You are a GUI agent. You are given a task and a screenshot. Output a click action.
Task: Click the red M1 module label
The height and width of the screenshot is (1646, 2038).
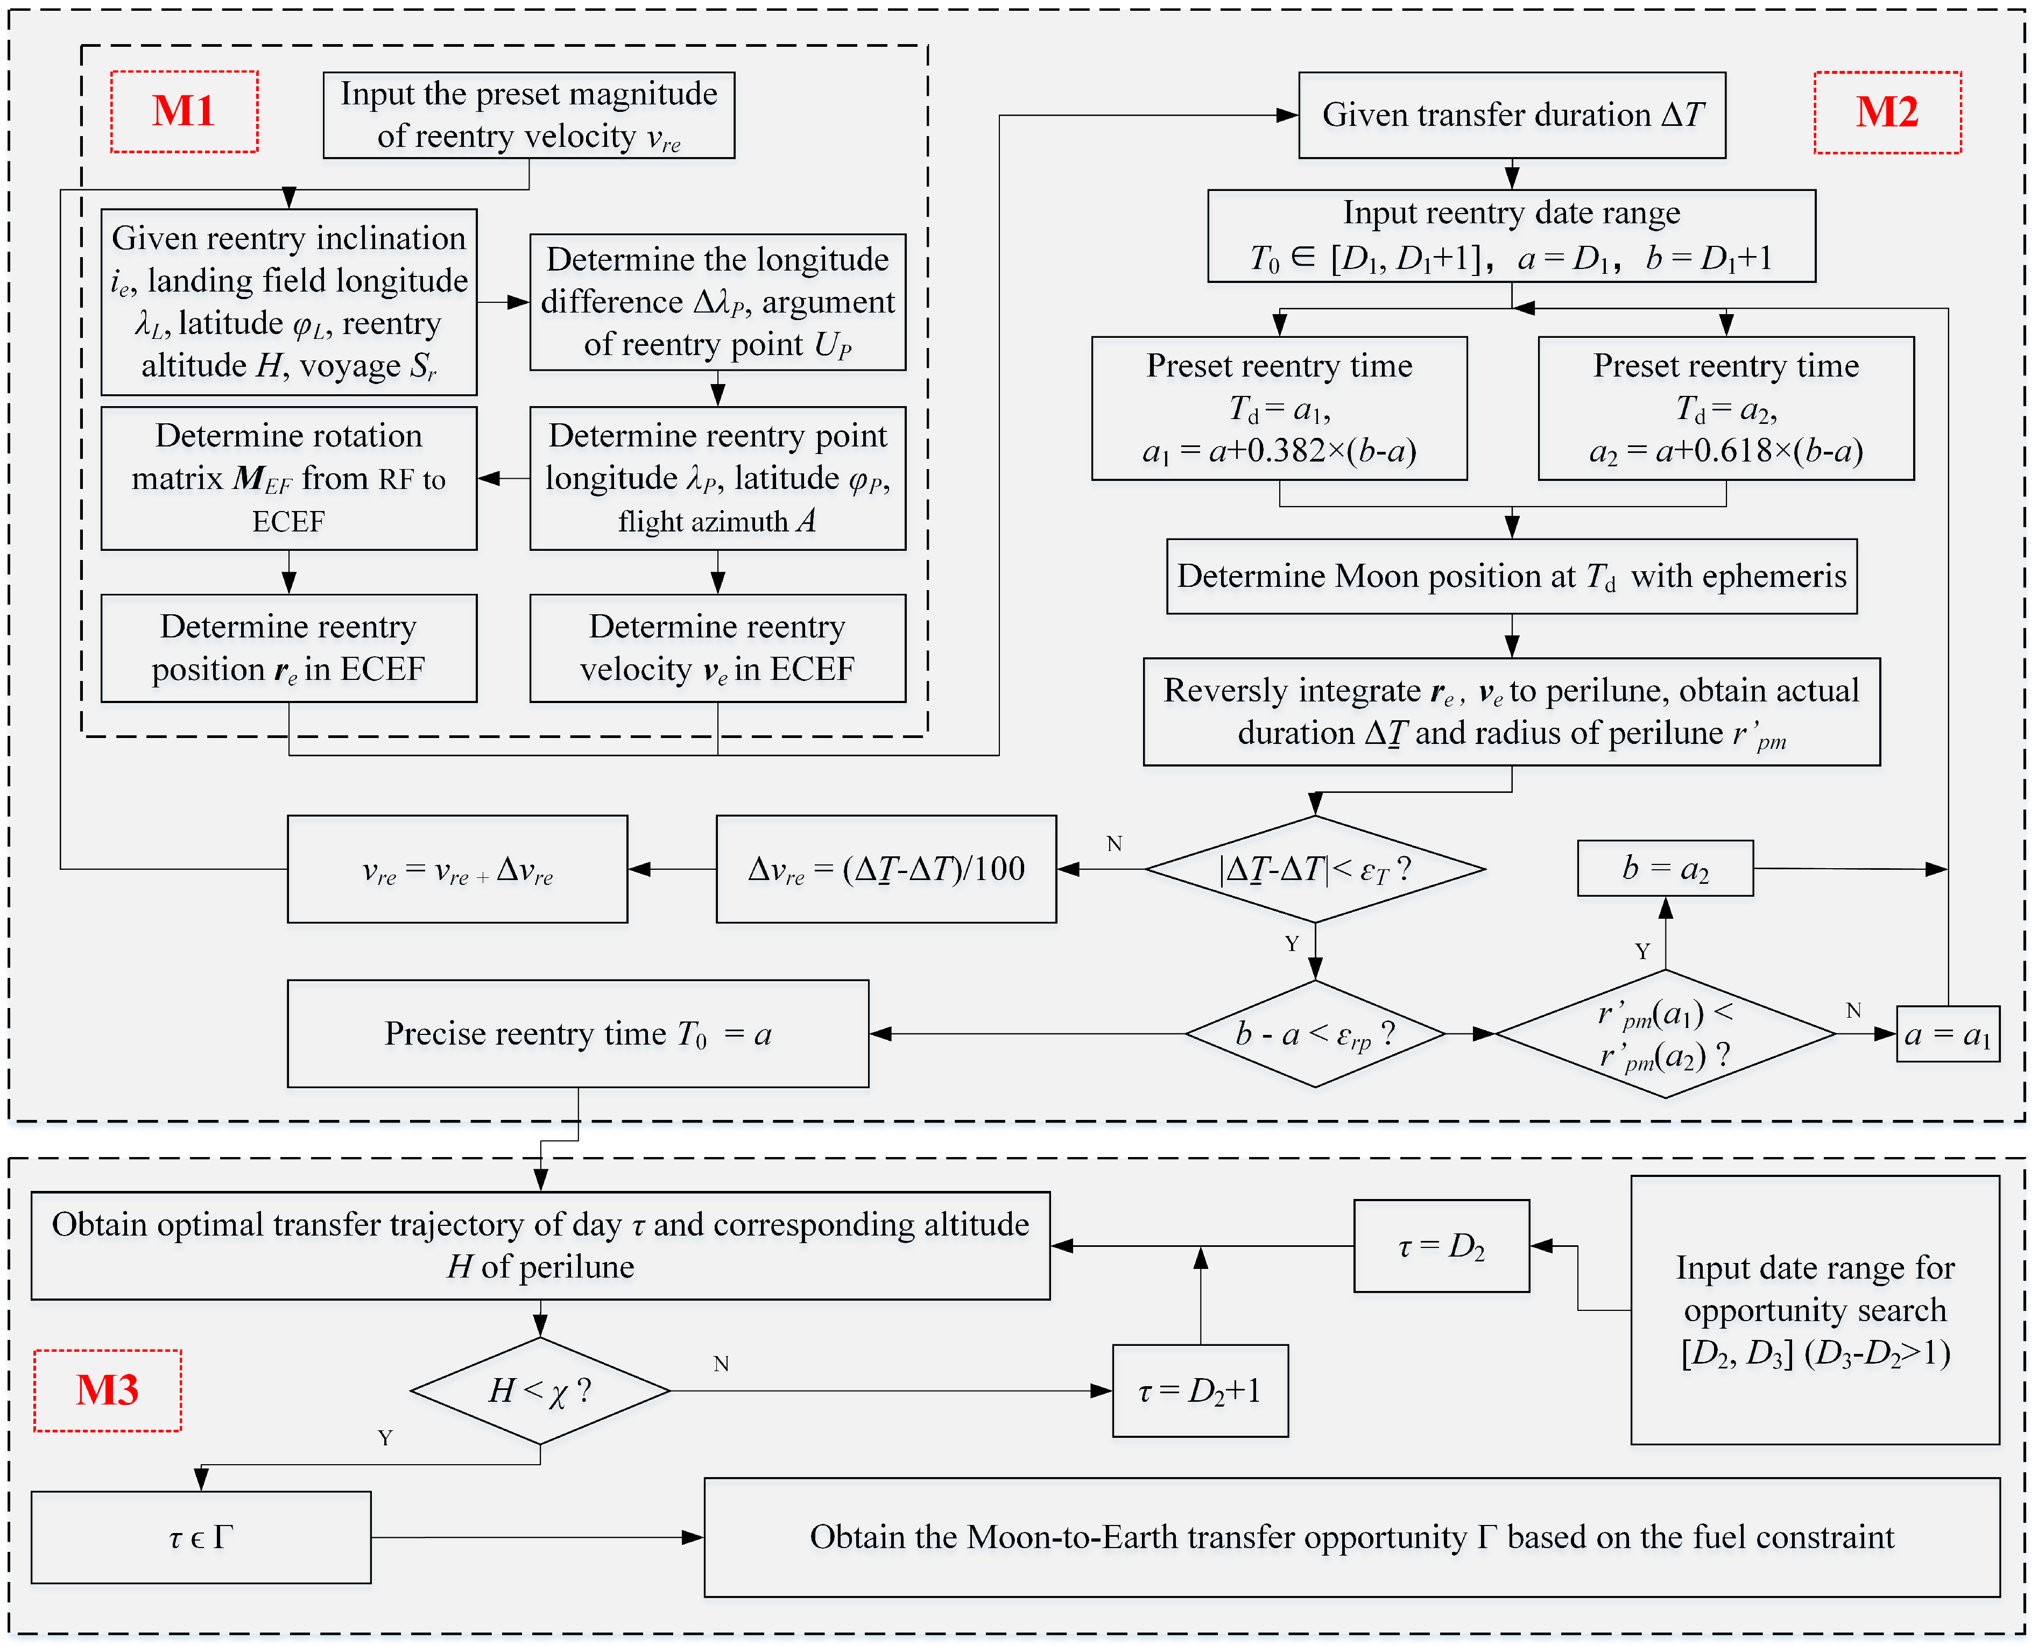[184, 112]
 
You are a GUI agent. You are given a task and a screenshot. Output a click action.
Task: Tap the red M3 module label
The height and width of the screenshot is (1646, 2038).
[107, 1390]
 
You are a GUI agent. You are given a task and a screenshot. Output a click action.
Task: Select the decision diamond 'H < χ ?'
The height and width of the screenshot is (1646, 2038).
[540, 1391]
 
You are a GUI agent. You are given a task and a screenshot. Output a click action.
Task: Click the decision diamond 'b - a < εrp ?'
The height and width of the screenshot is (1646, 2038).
[1315, 1033]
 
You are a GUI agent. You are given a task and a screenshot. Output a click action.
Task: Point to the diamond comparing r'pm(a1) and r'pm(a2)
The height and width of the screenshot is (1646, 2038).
[1665, 1033]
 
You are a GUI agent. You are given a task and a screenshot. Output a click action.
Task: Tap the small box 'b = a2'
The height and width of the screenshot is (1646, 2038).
[1665, 868]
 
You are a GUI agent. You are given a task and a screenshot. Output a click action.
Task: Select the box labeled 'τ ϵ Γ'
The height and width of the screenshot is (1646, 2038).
[201, 1537]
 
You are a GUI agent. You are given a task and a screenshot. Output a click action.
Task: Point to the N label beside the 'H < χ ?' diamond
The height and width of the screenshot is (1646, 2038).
[721, 1364]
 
